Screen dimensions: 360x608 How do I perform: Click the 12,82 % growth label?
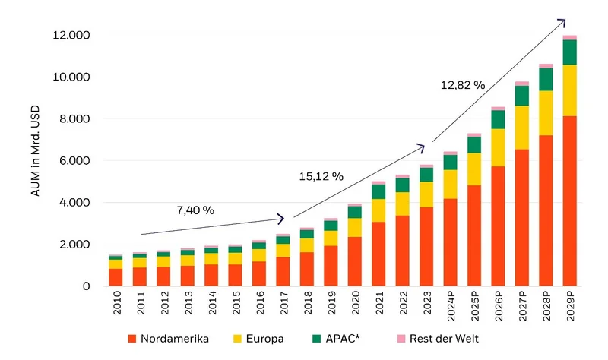coord(462,85)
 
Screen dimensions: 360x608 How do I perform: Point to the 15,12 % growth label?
coord(321,176)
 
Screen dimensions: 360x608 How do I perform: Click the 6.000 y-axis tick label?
coord(75,161)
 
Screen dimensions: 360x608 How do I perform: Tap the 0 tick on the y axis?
coord(86,286)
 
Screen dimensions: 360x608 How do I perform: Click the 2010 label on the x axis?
coord(116,306)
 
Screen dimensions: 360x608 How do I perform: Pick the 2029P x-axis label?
coord(569,309)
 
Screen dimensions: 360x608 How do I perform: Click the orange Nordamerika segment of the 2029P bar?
coord(569,201)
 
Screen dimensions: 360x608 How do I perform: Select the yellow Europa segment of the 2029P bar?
coord(569,90)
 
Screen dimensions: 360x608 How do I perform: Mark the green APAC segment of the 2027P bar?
coord(521,96)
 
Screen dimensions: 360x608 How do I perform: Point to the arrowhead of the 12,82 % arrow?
coord(562,21)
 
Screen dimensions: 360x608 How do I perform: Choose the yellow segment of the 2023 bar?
coord(426,194)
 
